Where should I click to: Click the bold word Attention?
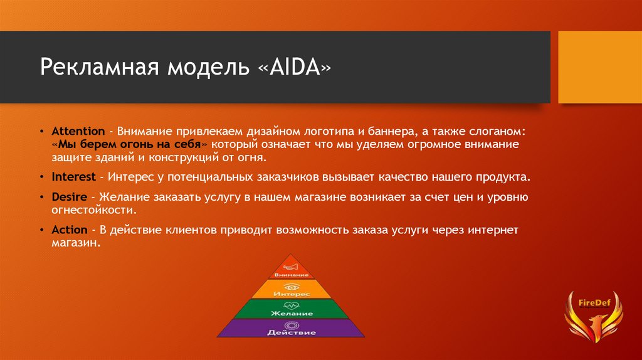click(x=78, y=131)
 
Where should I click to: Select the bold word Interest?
click(x=74, y=177)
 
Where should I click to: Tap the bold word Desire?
click(x=69, y=197)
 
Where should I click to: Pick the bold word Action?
click(x=70, y=230)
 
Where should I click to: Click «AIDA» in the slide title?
click(x=295, y=67)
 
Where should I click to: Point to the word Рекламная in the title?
click(x=100, y=68)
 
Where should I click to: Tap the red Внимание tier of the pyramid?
click(x=291, y=268)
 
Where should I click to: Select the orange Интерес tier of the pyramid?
click(x=291, y=289)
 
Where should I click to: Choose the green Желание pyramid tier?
click(x=291, y=309)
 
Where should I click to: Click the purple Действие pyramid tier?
click(x=291, y=328)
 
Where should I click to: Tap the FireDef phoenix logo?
click(x=594, y=316)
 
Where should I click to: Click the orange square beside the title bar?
click(x=600, y=67)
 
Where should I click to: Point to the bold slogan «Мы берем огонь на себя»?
click(x=130, y=144)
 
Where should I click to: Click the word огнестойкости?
click(x=94, y=210)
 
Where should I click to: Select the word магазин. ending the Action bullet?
click(x=76, y=243)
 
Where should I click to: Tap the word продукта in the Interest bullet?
click(x=503, y=177)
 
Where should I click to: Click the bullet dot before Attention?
click(x=42, y=132)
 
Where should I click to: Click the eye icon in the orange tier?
click(x=292, y=287)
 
